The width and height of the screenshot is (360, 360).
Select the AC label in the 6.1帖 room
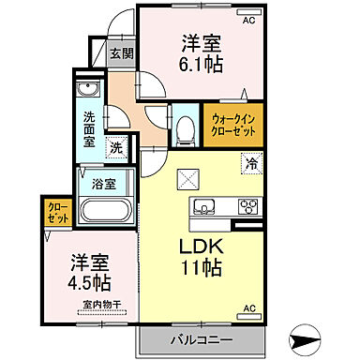tap(248, 19)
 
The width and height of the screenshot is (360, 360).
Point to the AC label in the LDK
tap(249, 307)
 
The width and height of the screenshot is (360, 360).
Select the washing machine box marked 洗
tap(115, 145)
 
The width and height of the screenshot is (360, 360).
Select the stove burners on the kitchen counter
tap(249, 206)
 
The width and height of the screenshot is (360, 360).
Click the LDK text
tap(200, 247)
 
